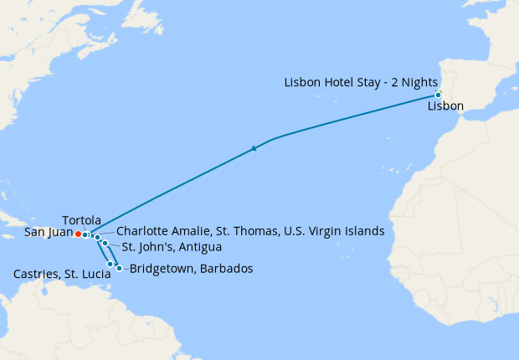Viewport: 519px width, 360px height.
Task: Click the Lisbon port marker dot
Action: tap(438, 95)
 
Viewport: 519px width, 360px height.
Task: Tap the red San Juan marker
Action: tap(78, 234)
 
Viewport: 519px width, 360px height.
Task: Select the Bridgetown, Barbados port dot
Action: tap(120, 269)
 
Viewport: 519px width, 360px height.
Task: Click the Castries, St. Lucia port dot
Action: tap(110, 264)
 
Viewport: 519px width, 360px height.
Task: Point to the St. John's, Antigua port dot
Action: tap(105, 244)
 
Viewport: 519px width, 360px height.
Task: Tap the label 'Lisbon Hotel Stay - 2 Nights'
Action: tap(360, 82)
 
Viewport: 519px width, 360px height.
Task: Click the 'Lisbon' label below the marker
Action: tap(444, 107)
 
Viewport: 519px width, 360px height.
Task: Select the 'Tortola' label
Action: tap(82, 219)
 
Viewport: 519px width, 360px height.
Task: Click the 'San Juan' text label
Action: tap(49, 233)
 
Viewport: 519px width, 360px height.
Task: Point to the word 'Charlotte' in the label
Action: tap(142, 231)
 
